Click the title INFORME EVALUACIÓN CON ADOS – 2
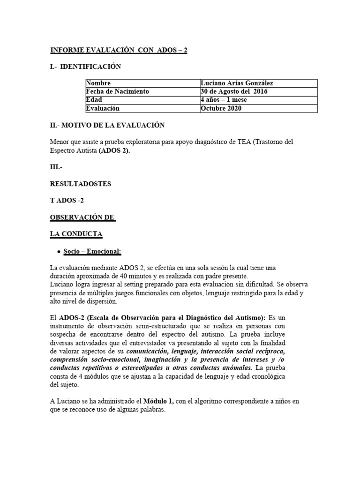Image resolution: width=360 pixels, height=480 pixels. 119,51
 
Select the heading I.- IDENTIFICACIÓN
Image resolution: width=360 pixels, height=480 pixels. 85,67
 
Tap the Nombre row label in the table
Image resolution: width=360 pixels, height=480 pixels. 98,83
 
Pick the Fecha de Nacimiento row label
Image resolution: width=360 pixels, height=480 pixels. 117,91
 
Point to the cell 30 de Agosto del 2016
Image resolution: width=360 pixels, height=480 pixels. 234,91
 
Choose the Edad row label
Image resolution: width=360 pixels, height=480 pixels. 94,100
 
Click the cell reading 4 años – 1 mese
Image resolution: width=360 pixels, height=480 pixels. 224,100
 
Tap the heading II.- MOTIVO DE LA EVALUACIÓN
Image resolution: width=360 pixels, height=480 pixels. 107,125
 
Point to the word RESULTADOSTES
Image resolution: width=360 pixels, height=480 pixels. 80,184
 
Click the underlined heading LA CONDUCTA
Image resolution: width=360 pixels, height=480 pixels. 76,233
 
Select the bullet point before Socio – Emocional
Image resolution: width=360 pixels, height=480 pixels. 58,252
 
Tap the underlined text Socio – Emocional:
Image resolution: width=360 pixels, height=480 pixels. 92,252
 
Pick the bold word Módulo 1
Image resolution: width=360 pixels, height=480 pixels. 158,401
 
